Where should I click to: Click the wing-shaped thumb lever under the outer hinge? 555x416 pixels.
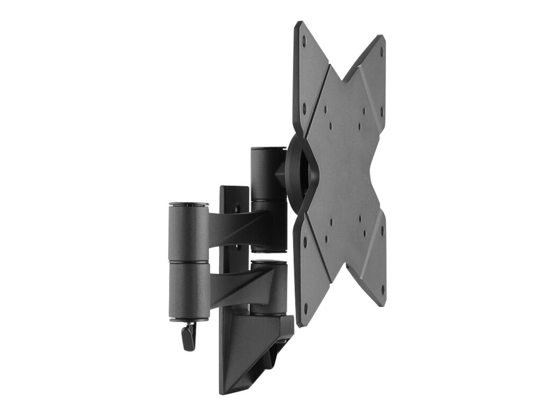(189, 337)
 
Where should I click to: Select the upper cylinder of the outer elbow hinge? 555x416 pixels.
(189, 232)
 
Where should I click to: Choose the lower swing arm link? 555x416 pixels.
(241, 284)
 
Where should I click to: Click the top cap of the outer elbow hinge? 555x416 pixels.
(189, 205)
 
